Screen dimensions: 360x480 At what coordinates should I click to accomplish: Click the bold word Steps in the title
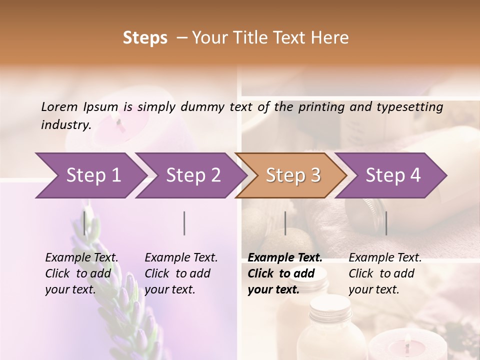click(x=145, y=38)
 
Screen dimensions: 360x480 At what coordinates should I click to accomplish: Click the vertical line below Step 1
click(x=84, y=223)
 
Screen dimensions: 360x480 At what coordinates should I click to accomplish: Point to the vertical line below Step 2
click(x=184, y=223)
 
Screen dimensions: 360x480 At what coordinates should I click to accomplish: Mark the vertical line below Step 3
click(x=285, y=223)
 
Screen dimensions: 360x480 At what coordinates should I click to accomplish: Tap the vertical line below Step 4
click(x=386, y=223)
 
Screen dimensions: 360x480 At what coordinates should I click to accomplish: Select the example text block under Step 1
click(x=81, y=273)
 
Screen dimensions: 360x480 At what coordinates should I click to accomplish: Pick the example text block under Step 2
click(x=181, y=273)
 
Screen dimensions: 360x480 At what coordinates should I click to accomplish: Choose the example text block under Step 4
click(x=385, y=273)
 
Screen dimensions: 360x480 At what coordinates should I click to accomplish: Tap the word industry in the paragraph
click(x=66, y=124)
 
